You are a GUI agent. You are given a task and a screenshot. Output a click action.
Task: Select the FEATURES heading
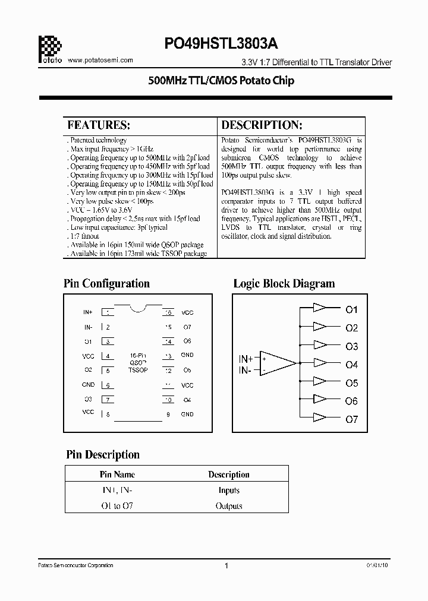[99, 125]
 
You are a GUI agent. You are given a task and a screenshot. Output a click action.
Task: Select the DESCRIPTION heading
[262, 125]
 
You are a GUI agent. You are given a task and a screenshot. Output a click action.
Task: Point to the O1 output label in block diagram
[352, 309]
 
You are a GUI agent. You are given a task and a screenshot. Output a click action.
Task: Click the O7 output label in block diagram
[352, 419]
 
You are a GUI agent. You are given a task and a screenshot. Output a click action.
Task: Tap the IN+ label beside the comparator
[246, 359]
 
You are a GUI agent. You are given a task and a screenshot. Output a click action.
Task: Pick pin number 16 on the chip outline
[169, 312]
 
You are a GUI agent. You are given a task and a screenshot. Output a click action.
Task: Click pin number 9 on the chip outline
[169, 414]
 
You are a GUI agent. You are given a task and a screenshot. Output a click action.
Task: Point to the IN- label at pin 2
[88, 327]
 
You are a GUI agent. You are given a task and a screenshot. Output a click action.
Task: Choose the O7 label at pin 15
[187, 327]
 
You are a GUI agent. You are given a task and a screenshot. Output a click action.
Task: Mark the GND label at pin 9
[187, 414]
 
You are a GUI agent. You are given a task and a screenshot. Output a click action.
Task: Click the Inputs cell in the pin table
[229, 491]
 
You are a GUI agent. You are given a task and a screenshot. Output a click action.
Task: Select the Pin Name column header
[117, 475]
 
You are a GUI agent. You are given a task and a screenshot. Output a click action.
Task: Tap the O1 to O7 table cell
[117, 506]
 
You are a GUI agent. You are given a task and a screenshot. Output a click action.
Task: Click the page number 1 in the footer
[226, 566]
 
